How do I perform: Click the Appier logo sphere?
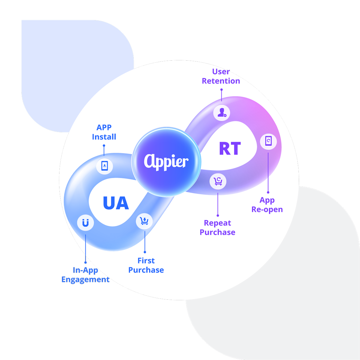click(166, 162)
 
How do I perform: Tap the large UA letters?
click(116, 203)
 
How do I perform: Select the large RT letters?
click(230, 148)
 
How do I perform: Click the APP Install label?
click(104, 132)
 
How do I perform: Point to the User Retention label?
click(221, 76)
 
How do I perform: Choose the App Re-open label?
click(267, 205)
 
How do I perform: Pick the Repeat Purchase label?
click(217, 227)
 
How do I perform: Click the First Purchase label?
click(146, 265)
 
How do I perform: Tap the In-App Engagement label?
click(85, 275)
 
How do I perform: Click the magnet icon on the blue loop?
click(85, 223)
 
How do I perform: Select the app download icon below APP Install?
click(104, 166)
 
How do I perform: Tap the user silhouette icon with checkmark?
click(222, 112)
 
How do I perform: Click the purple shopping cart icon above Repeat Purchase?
click(218, 181)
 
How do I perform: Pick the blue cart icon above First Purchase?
click(145, 221)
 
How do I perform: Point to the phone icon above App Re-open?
click(268, 140)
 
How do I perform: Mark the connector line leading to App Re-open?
click(268, 172)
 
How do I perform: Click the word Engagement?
click(85, 280)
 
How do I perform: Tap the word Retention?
click(221, 81)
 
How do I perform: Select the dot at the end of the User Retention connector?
click(221, 89)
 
